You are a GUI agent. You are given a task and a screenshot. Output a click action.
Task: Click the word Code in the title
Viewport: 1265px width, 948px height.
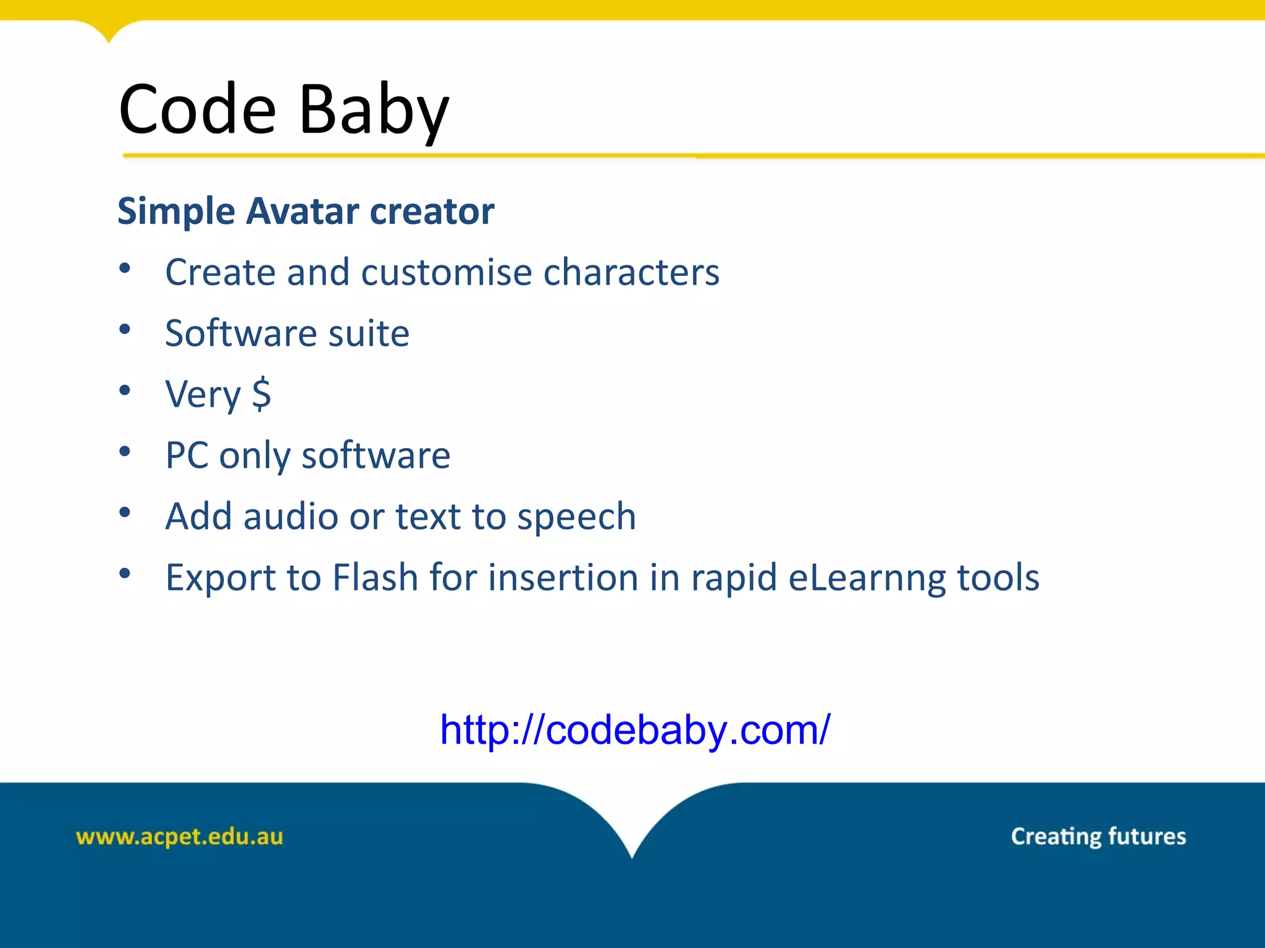tap(196, 110)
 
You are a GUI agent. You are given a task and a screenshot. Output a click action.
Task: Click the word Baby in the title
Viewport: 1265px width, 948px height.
tap(374, 111)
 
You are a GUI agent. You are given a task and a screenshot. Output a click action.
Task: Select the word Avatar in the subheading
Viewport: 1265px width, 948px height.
tap(302, 212)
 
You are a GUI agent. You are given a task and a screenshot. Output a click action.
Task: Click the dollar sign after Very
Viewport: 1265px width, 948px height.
tap(261, 394)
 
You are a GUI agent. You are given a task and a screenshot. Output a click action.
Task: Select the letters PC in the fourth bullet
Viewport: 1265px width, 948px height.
tap(187, 455)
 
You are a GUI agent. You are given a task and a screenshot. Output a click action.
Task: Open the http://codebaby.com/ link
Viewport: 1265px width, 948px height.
tap(634, 730)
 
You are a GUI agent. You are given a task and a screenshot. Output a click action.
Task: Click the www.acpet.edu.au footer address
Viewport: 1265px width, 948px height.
tap(179, 837)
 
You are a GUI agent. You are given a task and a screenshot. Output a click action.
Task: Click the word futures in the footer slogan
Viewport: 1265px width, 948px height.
tap(1147, 836)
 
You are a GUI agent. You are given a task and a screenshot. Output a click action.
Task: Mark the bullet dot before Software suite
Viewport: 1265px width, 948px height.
tap(125, 329)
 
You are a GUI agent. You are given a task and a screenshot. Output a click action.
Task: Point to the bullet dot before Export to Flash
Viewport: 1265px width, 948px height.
tap(125, 573)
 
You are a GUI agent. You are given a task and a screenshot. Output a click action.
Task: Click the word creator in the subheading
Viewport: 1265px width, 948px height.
tap(432, 212)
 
